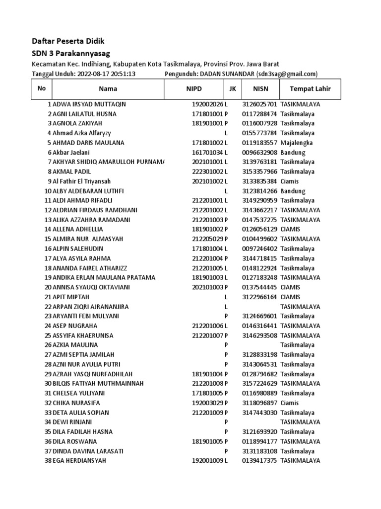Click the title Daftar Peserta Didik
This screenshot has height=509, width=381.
point(68,41)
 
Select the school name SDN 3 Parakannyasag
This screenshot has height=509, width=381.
point(71,53)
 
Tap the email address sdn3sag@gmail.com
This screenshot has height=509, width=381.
point(286,74)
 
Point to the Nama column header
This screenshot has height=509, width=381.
point(108,89)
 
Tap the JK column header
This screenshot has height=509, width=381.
point(232,89)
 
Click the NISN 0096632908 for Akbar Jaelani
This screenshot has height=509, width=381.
point(260,153)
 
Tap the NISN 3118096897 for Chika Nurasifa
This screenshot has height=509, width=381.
point(260,403)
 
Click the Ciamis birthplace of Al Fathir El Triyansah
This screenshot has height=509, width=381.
point(291,181)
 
